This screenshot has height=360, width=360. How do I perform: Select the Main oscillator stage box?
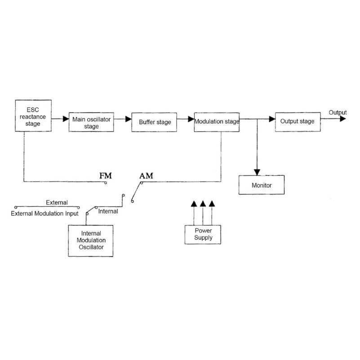click(x=92, y=122)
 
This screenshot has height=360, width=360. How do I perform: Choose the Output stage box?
click(x=297, y=121)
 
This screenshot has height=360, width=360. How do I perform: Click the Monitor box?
click(x=262, y=185)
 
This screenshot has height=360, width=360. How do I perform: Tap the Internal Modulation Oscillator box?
click(x=90, y=240)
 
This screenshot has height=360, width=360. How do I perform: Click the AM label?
click(x=146, y=175)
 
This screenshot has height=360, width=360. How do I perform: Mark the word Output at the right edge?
click(x=338, y=112)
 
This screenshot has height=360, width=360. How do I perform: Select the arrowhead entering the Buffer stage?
click(x=128, y=119)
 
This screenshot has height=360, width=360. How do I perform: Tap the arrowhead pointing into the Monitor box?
click(x=257, y=172)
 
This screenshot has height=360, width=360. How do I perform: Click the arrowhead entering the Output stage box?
click(x=271, y=119)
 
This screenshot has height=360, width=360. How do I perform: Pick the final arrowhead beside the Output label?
click(x=343, y=119)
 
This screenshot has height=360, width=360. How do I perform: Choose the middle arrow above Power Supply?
click(x=203, y=204)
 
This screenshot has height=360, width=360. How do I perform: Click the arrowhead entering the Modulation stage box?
click(x=191, y=119)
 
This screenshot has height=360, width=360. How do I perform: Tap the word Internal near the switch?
click(x=108, y=211)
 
